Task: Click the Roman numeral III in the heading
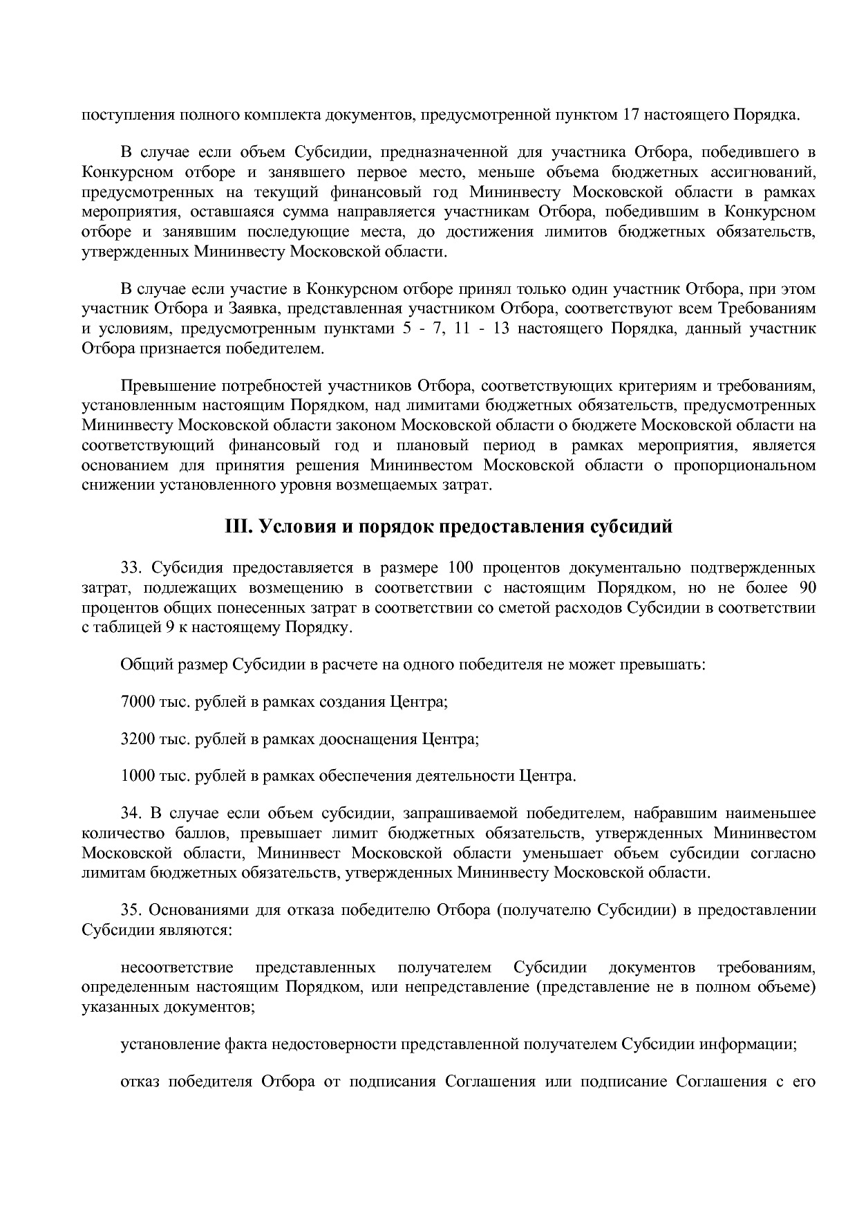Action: coord(239,527)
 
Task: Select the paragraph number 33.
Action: coord(131,568)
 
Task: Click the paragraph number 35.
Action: coord(131,909)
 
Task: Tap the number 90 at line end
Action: coord(807,589)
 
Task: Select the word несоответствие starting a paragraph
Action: coord(176,967)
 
